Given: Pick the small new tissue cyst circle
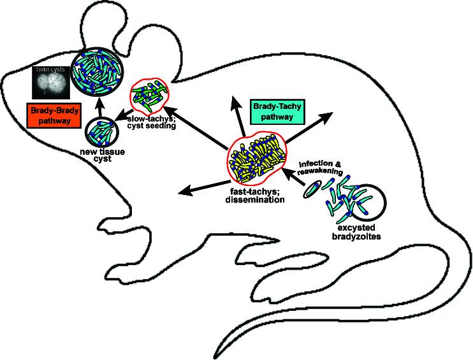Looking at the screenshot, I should pyautogui.click(x=101, y=134).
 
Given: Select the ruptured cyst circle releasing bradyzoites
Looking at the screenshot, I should pyautogui.click(x=368, y=203).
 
